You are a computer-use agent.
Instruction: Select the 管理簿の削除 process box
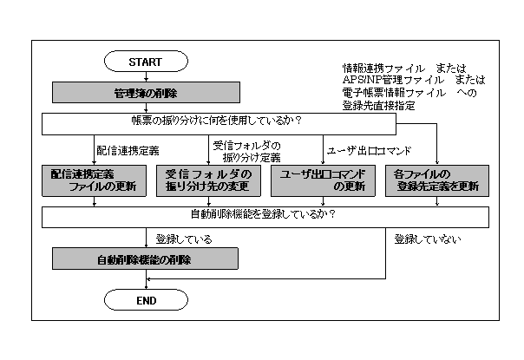(x=146, y=93)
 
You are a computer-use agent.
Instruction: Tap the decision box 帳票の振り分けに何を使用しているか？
(x=217, y=123)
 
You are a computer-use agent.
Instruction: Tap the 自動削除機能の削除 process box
(x=146, y=259)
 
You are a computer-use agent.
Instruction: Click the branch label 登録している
(x=183, y=238)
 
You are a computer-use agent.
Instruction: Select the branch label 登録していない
(x=427, y=238)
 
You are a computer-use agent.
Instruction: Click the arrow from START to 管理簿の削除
(x=146, y=76)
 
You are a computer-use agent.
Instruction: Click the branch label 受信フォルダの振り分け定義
(x=246, y=151)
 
